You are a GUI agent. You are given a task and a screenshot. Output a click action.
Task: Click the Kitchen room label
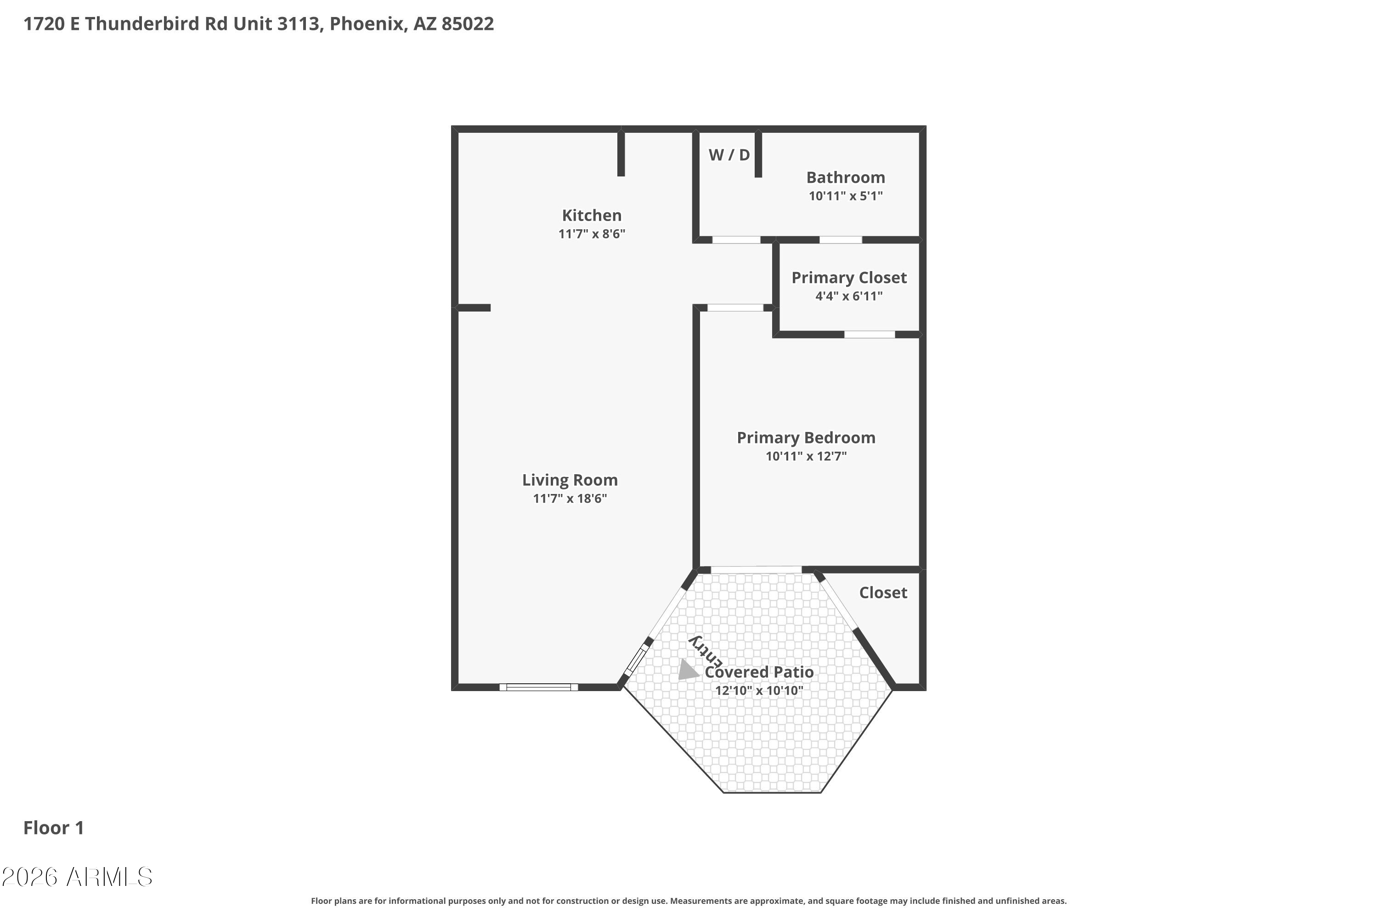click(x=591, y=215)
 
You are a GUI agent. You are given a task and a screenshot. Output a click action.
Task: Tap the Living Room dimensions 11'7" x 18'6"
click(x=570, y=499)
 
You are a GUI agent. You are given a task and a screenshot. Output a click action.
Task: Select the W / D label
click(x=729, y=155)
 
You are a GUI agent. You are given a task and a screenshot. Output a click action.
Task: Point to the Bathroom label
click(x=845, y=177)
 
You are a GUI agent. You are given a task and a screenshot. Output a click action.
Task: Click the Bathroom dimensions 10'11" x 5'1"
click(x=845, y=196)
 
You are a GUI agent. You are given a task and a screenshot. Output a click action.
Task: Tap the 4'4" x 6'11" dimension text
click(x=848, y=296)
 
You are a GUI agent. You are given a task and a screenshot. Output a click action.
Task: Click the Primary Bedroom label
click(x=806, y=438)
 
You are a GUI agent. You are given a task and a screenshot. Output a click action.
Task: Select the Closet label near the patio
click(x=882, y=593)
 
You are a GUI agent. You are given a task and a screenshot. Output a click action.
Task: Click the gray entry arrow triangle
click(x=687, y=670)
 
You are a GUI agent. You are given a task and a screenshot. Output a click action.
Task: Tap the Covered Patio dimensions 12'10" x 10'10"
click(x=758, y=691)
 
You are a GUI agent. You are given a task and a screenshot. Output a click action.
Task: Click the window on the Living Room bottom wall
click(x=538, y=687)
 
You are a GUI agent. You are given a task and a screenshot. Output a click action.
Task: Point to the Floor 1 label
click(x=53, y=828)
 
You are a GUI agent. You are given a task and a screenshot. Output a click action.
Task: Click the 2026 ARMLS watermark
click(x=77, y=877)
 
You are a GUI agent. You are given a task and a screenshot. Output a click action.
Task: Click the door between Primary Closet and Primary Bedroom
click(x=869, y=335)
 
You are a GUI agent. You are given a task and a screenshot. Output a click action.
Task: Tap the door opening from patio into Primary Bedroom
click(x=755, y=570)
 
